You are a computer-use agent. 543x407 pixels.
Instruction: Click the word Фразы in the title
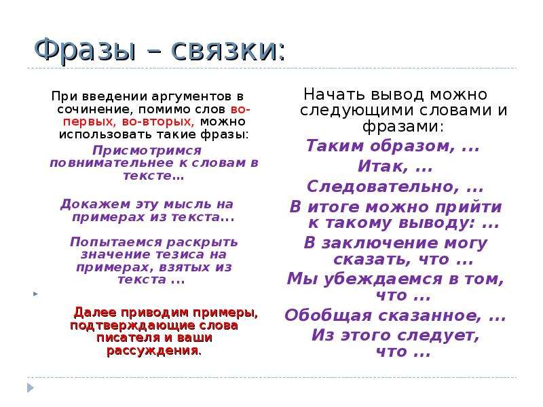86,52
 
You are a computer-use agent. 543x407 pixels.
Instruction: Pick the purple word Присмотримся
147,151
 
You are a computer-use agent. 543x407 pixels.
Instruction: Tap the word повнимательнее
112,163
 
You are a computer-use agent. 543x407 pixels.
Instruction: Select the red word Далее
95,313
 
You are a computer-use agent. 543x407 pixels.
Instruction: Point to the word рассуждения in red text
152,351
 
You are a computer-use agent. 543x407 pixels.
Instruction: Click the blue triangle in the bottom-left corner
30,387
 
